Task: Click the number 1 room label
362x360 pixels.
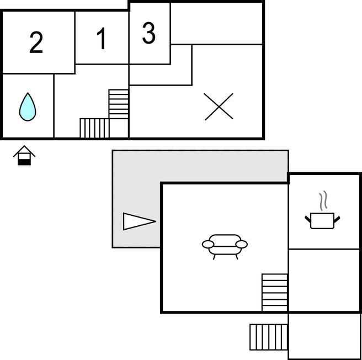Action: (102, 39)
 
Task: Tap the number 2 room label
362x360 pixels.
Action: (36, 43)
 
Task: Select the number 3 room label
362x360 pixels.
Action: (148, 34)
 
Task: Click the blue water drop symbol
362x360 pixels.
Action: (28, 107)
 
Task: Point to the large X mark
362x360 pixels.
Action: (219, 107)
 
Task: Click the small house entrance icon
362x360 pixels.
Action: (24, 155)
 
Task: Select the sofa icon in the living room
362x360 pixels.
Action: (225, 245)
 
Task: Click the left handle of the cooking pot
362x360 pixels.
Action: (308, 219)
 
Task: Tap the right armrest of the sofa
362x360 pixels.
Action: (242, 244)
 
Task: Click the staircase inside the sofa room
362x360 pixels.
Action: (274, 293)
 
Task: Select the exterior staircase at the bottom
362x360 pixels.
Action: (268, 337)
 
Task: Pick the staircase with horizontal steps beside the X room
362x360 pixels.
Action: (119, 104)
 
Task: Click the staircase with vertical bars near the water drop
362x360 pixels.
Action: (94, 128)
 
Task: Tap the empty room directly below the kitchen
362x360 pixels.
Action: (324, 280)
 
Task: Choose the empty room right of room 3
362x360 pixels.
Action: (216, 23)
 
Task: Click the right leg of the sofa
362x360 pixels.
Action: (237, 256)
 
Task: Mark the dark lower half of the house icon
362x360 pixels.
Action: (24, 161)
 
